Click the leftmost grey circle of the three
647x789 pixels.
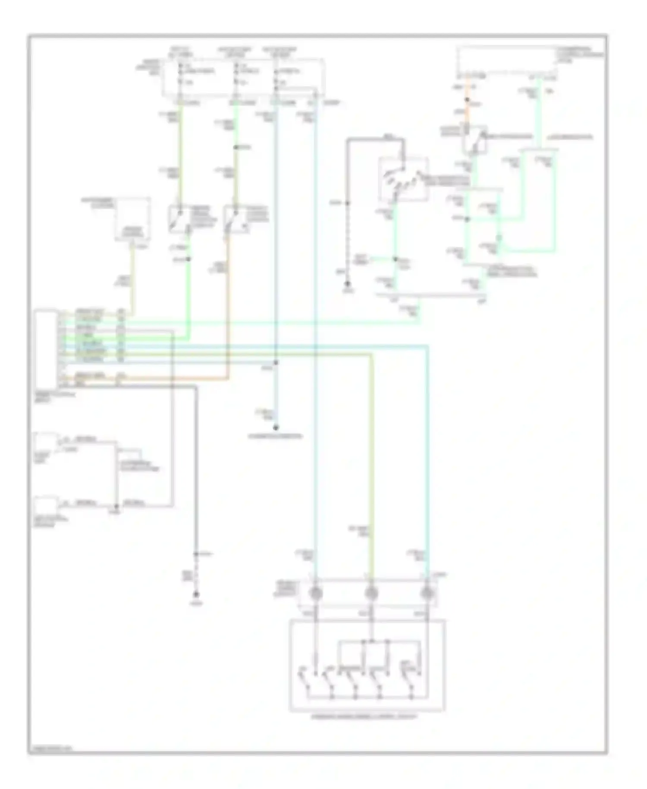pos(316,594)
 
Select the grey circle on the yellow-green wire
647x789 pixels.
pos(371,594)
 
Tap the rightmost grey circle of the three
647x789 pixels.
pos(427,594)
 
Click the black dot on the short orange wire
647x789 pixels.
pos(467,100)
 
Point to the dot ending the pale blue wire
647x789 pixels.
pos(276,428)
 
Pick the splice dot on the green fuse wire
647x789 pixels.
pos(236,148)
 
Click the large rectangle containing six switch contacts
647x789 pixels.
pos(367,665)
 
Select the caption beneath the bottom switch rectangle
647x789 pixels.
pos(364,717)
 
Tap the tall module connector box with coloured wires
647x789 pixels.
pos(47,349)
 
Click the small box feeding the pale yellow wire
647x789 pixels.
pos(132,219)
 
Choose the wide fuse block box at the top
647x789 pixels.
pos(243,78)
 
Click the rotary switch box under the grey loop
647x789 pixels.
pos(403,180)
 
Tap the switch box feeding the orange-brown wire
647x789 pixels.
pos(235,219)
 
